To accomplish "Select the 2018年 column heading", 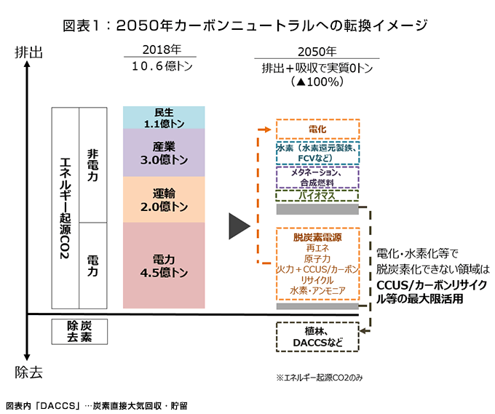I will pyautogui.click(x=162, y=50).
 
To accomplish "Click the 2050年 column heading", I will pyautogui.click(x=317, y=52).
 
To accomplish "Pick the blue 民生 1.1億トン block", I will pyautogui.click(x=164, y=118).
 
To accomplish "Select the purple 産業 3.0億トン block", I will pyautogui.click(x=164, y=153).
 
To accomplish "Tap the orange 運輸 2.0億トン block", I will pyautogui.click(x=164, y=199).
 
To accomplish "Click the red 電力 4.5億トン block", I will pyautogui.click(x=164, y=265).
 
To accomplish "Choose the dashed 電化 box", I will pyautogui.click(x=317, y=130).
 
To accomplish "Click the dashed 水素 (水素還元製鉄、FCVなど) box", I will pyautogui.click(x=317, y=154).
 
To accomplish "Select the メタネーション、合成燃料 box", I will pyautogui.click(x=317, y=178).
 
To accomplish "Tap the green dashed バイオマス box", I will pyautogui.click(x=317, y=196).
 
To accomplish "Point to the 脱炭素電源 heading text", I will pyautogui.click(x=317, y=237).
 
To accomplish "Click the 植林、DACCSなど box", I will pyautogui.click(x=317, y=336).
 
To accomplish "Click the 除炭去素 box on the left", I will pyautogui.click(x=79, y=331).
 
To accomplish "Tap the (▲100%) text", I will pyautogui.click(x=317, y=82).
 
